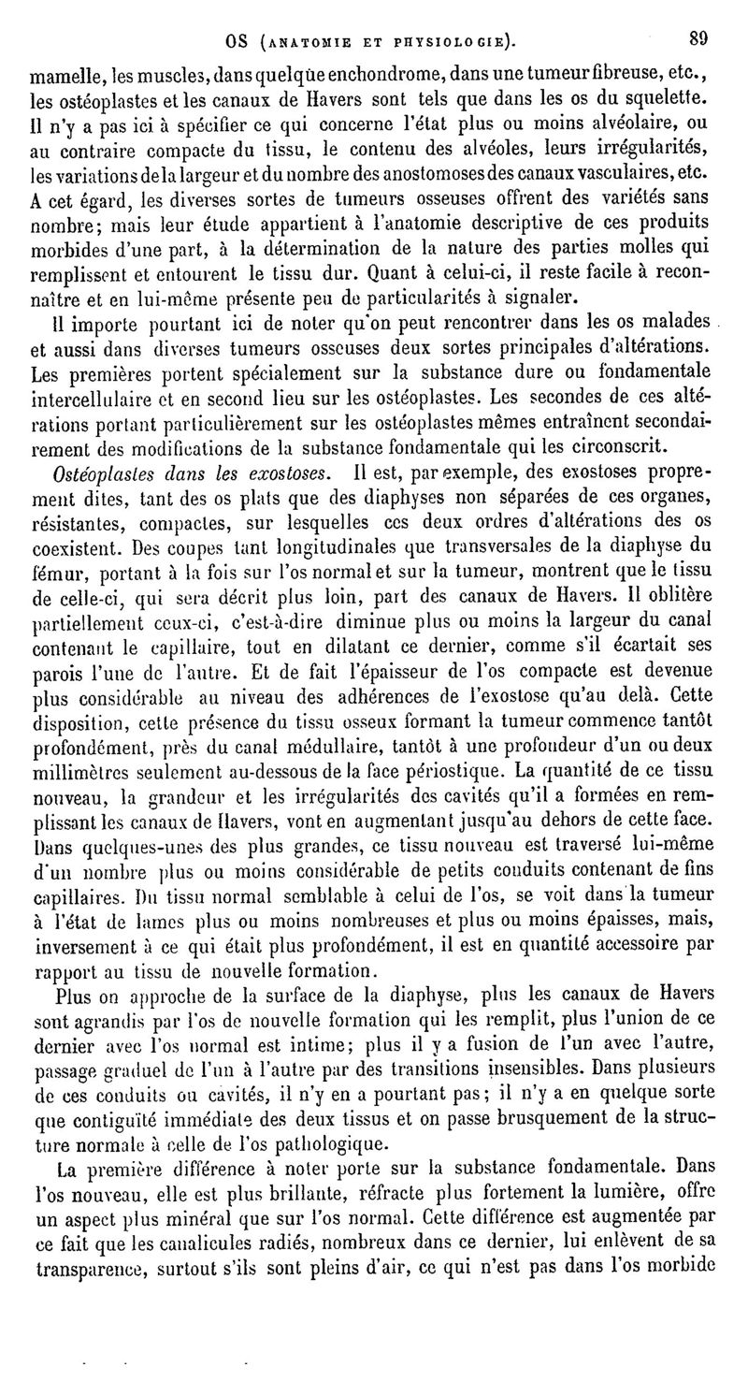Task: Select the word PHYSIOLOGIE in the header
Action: pos(446,41)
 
